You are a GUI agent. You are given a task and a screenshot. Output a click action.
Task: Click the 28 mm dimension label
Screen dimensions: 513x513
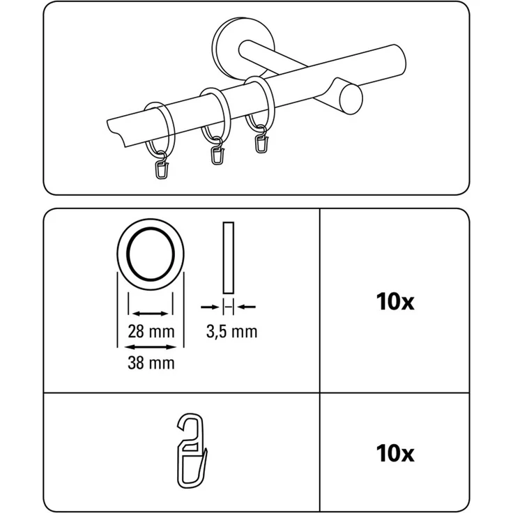click(x=151, y=332)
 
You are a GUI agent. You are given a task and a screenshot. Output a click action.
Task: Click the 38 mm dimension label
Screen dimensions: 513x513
click(x=151, y=362)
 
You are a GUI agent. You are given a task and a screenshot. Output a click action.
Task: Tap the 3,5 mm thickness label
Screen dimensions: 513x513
click(x=231, y=332)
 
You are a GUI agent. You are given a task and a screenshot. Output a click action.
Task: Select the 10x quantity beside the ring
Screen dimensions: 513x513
click(x=395, y=302)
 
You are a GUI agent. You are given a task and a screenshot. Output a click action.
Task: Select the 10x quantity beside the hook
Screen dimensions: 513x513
click(x=395, y=454)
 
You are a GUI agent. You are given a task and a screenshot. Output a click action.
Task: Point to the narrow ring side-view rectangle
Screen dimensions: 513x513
click(x=229, y=257)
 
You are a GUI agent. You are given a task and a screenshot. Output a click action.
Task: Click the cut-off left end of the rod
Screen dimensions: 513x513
click(x=116, y=130)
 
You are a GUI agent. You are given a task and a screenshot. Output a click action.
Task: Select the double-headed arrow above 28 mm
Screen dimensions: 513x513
click(x=151, y=314)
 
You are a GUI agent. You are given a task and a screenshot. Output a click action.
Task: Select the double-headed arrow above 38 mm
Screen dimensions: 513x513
click(x=151, y=346)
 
